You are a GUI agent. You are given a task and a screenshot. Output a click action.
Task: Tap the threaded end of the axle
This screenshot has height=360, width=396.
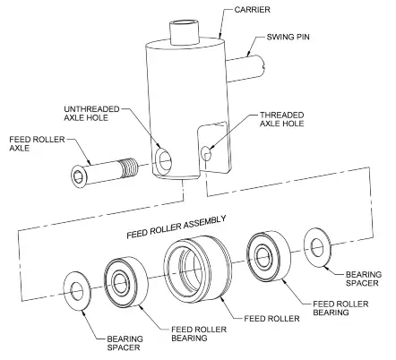(x=132, y=167)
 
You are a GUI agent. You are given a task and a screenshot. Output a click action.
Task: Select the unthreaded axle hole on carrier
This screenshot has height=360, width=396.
(x=165, y=162)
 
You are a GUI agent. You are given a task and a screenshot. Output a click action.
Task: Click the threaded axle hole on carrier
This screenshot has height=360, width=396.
(x=209, y=154)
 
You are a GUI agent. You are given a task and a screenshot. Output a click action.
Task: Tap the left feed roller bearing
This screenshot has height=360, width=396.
(x=125, y=280)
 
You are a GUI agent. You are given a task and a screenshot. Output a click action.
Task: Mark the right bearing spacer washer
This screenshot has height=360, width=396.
(x=316, y=245)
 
